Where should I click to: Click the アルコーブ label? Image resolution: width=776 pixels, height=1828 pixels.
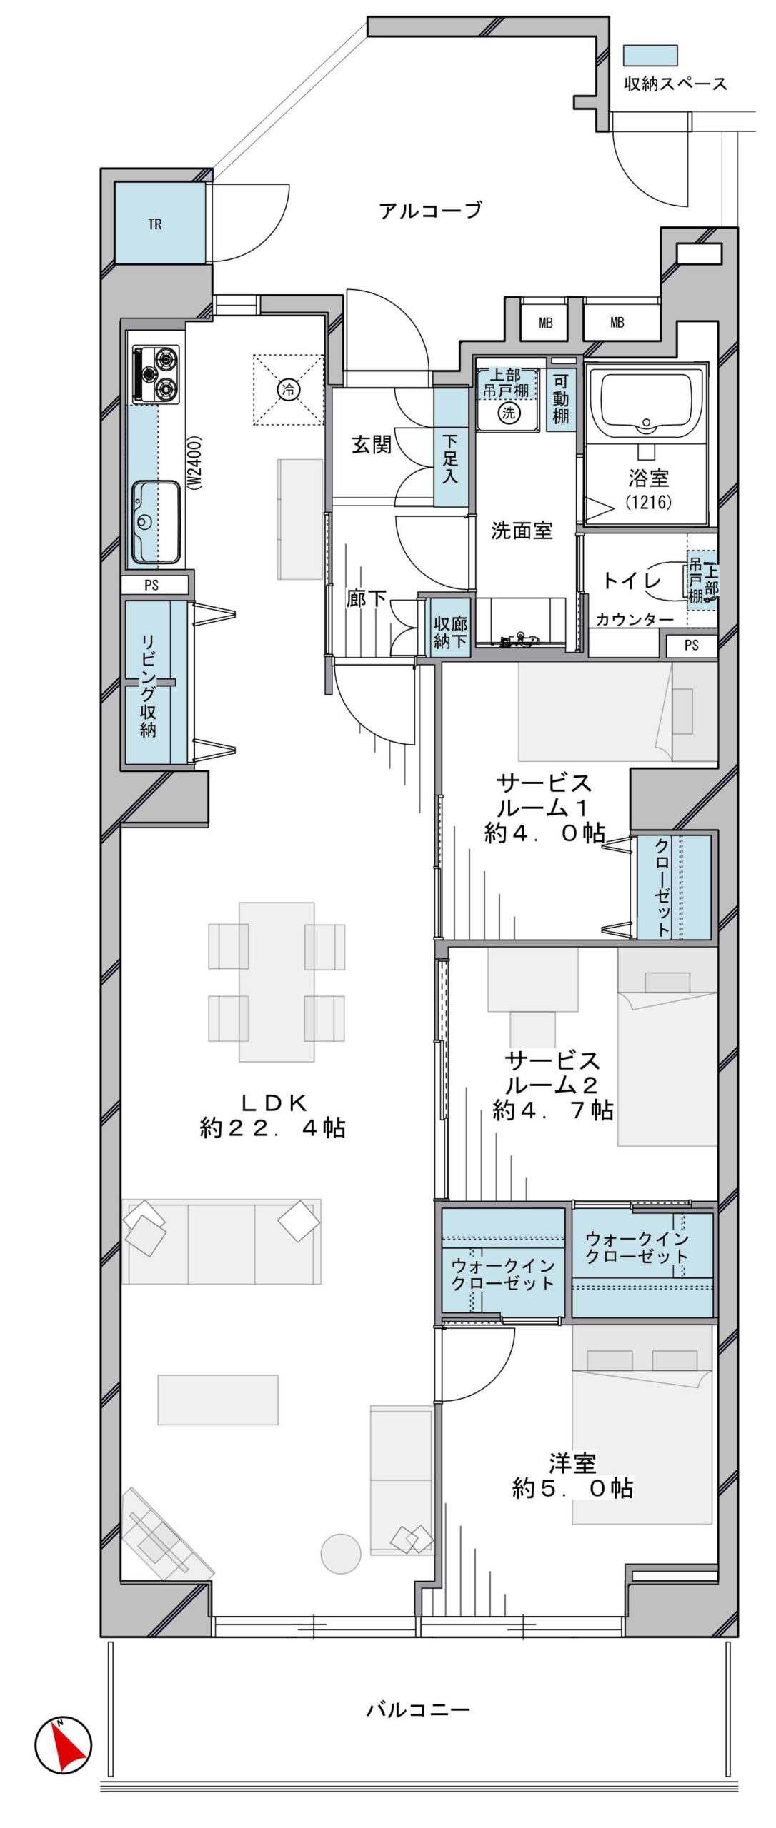click(430, 211)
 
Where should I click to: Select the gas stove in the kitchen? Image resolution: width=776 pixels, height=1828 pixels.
click(156, 373)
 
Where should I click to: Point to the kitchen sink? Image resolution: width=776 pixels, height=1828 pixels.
click(156, 521)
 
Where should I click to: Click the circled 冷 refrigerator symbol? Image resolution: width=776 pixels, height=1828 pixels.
click(289, 389)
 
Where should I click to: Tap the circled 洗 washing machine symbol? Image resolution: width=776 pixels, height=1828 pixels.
click(508, 412)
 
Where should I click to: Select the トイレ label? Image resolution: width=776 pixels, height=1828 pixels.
click(632, 581)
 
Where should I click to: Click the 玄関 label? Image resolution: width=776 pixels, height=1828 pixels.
click(372, 445)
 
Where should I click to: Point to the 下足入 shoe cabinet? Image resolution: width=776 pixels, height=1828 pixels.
click(451, 448)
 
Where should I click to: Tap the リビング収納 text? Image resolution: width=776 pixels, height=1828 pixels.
click(148, 685)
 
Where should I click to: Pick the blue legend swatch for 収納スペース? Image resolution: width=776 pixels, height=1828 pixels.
click(650, 56)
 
